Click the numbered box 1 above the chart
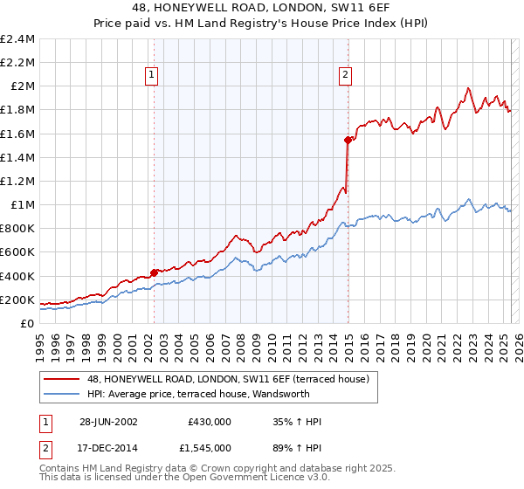pos(152,76)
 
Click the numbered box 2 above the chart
pos(346,76)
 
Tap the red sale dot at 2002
pos(155,272)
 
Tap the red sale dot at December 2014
pos(348,140)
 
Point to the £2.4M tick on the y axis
pos(18,39)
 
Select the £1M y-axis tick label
pos(22,204)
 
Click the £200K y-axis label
pos(18,300)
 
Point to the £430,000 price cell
pos(210,422)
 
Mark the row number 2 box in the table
pos(45,448)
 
